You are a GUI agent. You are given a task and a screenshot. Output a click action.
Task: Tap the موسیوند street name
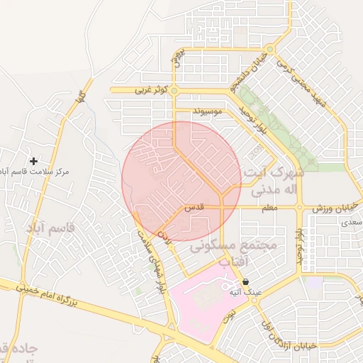pos(211,112)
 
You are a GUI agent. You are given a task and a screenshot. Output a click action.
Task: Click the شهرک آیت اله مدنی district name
pos(274,181)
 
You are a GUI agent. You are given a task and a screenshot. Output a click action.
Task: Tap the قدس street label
pos(194,208)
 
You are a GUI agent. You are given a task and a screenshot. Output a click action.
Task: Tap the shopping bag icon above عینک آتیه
pos(245,281)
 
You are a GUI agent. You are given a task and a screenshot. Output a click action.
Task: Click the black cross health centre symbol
pos(33,162)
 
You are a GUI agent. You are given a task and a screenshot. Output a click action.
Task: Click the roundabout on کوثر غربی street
pos(174,90)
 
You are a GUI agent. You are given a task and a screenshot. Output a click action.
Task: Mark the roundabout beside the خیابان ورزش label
pos(300,208)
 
